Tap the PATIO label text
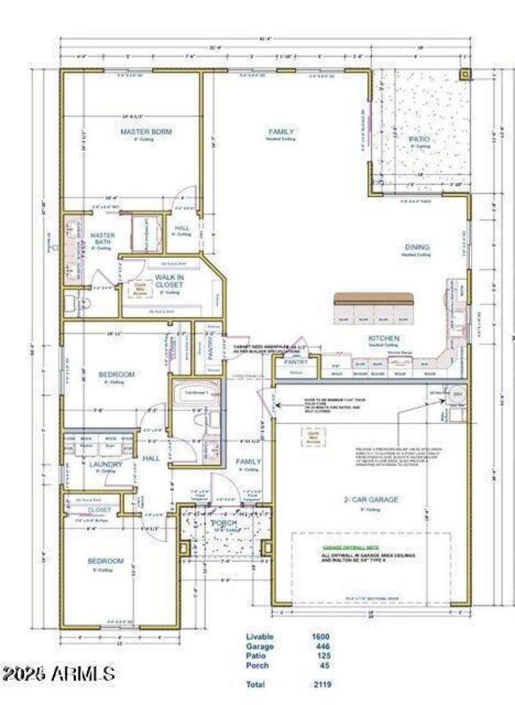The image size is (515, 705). pyautogui.click(x=419, y=139)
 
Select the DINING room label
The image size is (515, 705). pyautogui.click(x=417, y=247)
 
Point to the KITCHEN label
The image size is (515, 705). pyautogui.click(x=384, y=338)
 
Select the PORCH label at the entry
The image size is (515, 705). pyautogui.click(x=223, y=523)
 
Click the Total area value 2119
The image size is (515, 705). pyautogui.click(x=322, y=684)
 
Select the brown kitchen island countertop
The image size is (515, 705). pyautogui.click(x=373, y=298)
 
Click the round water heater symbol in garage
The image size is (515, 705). pyautogui.click(x=458, y=393)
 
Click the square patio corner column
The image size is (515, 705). pyautogui.click(x=465, y=73)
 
